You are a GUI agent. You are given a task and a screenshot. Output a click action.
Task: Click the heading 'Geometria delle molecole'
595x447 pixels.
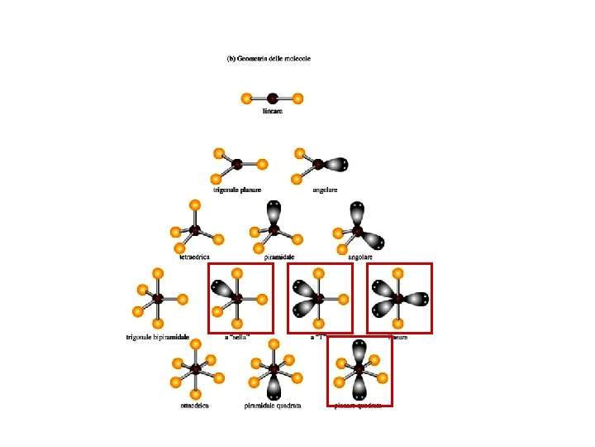(269, 59)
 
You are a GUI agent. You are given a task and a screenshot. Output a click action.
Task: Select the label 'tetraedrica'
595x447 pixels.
(194, 257)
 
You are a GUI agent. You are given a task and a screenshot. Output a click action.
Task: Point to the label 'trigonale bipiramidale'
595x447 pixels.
(158, 337)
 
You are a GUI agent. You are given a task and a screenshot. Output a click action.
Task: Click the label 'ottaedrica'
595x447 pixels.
(194, 406)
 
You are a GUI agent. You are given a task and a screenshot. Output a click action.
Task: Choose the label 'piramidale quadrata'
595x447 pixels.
(273, 406)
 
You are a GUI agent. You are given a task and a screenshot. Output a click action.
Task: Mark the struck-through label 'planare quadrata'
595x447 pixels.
(358, 406)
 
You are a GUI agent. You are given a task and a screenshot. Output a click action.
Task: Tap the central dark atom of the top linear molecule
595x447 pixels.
(272, 99)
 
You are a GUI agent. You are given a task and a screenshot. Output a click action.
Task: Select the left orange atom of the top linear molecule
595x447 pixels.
(246, 99)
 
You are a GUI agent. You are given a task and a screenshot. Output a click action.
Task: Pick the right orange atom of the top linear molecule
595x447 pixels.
(297, 99)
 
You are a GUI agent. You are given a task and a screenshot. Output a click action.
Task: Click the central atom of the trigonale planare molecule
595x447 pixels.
(237, 164)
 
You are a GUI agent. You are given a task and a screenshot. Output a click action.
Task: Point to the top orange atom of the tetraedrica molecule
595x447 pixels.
(194, 204)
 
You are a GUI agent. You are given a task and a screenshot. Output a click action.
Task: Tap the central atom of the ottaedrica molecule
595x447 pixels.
(195, 368)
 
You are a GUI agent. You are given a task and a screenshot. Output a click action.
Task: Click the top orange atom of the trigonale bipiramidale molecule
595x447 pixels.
(157, 272)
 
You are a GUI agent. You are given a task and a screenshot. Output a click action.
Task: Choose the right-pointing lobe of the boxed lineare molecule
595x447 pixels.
(418, 298)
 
